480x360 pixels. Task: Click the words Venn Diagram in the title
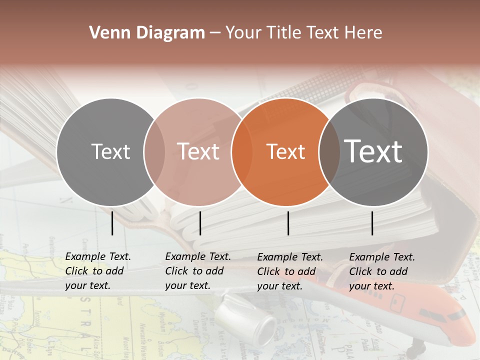click(x=147, y=33)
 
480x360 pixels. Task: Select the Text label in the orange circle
click(x=286, y=152)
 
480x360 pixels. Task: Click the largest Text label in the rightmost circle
click(x=373, y=151)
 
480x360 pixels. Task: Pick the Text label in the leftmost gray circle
click(x=110, y=152)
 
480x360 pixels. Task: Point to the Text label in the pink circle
click(x=198, y=151)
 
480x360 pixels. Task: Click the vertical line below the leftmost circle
click(x=112, y=223)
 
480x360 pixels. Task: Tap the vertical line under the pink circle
click(x=200, y=223)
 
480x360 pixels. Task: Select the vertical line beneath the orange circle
click(x=288, y=223)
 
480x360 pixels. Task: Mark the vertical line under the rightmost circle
click(x=372, y=223)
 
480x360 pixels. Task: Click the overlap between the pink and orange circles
click(x=242, y=152)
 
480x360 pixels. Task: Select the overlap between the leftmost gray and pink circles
click(x=154, y=152)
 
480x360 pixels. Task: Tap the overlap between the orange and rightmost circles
click(x=329, y=152)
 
